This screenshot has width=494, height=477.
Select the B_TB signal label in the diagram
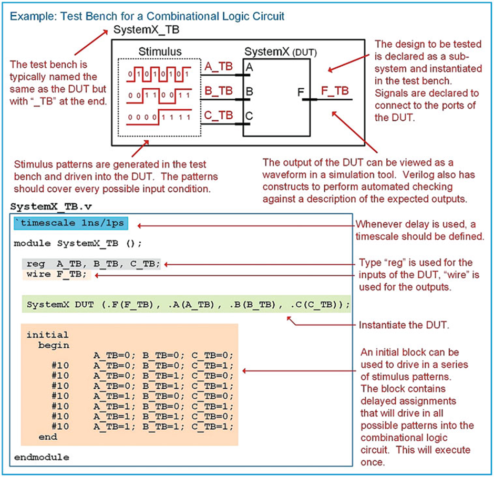(x=218, y=90)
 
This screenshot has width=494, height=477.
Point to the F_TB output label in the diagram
(x=335, y=91)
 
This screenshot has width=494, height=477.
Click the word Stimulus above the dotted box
(x=160, y=51)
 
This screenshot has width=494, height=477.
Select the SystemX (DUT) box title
(x=280, y=51)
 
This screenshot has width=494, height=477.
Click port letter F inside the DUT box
(x=301, y=93)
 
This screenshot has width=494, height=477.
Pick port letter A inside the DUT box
(x=249, y=68)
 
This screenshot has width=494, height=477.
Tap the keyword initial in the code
(x=47, y=335)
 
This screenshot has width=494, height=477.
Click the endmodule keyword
(x=41, y=457)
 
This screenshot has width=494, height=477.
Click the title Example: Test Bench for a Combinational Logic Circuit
(x=148, y=16)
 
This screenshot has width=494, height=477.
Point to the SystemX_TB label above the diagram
(x=146, y=30)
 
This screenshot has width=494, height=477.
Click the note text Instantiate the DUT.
(x=404, y=325)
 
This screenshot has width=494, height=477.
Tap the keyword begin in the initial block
(x=53, y=345)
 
